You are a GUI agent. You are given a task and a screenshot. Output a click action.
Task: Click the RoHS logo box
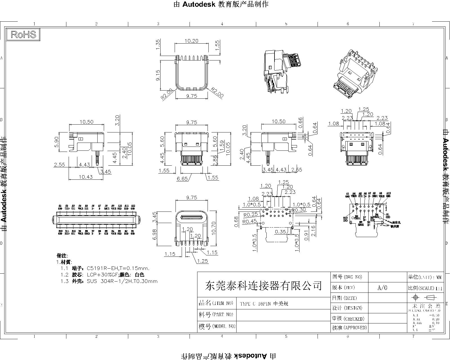(x=23, y=35)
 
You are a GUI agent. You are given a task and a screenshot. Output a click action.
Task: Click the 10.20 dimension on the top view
(x=191, y=41)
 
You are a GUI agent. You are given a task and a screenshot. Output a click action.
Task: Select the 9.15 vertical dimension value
(x=157, y=75)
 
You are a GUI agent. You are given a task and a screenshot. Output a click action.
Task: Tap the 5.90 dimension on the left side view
(x=57, y=142)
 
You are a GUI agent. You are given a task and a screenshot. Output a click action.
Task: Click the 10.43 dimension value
(x=86, y=177)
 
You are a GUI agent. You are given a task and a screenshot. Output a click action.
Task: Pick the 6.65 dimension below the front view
(x=182, y=179)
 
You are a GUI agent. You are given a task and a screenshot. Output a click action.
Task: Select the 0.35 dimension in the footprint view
(x=280, y=232)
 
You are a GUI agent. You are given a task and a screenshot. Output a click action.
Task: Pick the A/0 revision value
(x=382, y=288)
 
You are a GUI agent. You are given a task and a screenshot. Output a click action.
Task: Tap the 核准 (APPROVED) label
(x=350, y=328)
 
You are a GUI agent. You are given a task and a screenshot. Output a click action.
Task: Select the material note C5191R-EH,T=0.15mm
(x=118, y=268)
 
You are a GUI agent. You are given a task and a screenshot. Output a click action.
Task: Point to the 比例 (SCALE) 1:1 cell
(x=425, y=288)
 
